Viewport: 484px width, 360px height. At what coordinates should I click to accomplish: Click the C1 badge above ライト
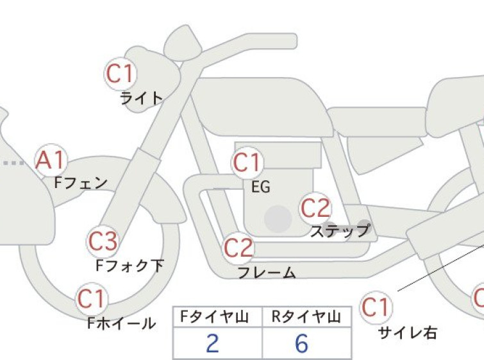[121, 74]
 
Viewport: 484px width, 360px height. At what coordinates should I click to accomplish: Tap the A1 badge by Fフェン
[51, 160]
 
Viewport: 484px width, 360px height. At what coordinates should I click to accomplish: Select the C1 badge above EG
[247, 163]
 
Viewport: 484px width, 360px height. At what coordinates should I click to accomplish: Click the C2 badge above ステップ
[315, 208]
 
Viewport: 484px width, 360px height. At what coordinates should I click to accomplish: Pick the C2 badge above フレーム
[238, 248]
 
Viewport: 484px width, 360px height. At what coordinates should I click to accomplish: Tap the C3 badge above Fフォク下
[103, 241]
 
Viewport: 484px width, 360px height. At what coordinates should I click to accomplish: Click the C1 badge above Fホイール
[92, 299]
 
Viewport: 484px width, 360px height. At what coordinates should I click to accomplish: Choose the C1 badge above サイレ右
[376, 307]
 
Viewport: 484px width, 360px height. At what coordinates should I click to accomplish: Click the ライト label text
[141, 99]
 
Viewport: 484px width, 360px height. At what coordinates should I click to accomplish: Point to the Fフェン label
[81, 183]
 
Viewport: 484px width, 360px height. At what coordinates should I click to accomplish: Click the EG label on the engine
[261, 187]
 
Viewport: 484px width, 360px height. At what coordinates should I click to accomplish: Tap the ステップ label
[340, 231]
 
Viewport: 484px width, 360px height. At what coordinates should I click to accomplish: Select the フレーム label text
[267, 273]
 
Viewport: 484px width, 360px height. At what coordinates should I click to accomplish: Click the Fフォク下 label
[129, 266]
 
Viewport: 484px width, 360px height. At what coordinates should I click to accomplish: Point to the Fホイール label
[121, 323]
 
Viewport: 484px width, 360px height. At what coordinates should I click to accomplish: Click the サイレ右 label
[408, 333]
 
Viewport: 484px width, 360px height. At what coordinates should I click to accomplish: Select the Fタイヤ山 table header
[215, 317]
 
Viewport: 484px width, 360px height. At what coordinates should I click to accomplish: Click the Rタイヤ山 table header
[306, 317]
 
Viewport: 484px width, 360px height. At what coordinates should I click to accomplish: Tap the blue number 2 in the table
[213, 343]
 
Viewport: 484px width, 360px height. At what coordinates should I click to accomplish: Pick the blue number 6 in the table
[301, 343]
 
